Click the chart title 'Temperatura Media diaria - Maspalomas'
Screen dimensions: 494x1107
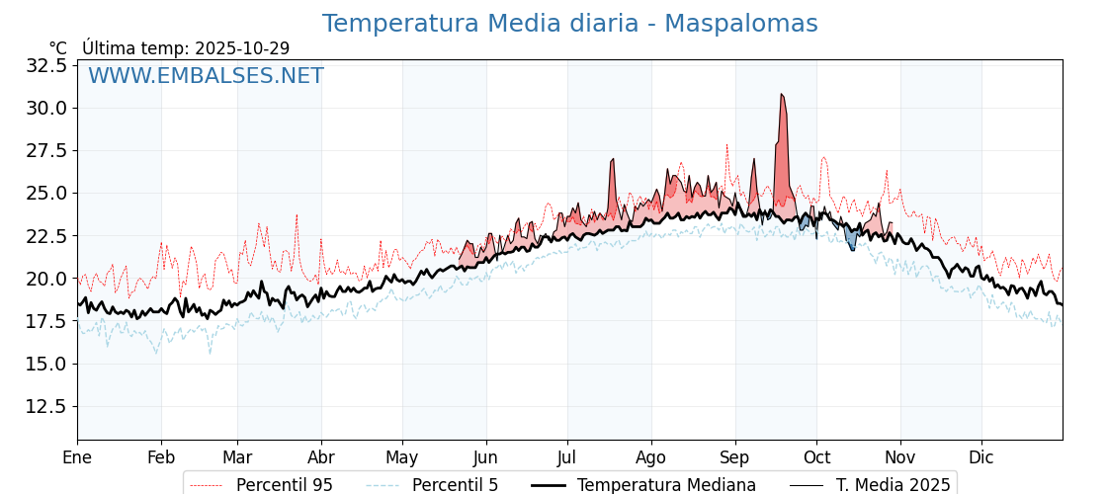pyautogui.click(x=569, y=24)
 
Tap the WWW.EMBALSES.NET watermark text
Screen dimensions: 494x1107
pyautogui.click(x=206, y=76)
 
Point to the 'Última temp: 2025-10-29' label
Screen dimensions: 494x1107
pyautogui.click(x=186, y=48)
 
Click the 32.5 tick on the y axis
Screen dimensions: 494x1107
pyautogui.click(x=46, y=65)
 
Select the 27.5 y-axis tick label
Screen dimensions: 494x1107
pyautogui.click(x=46, y=150)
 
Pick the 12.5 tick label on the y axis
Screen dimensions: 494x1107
pyautogui.click(x=46, y=406)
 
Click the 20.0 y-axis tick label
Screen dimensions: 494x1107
pyautogui.click(x=46, y=279)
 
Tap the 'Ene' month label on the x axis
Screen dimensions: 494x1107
pyautogui.click(x=77, y=457)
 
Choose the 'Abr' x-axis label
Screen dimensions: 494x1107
pyautogui.click(x=321, y=457)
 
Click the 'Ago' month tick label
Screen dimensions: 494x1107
pyautogui.click(x=651, y=457)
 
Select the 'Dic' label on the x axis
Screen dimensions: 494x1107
pyautogui.click(x=981, y=457)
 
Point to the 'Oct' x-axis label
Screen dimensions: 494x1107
pyautogui.click(x=816, y=457)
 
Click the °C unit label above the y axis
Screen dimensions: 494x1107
pyautogui.click(x=58, y=48)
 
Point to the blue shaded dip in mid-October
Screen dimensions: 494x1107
pyautogui.click(x=851, y=240)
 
